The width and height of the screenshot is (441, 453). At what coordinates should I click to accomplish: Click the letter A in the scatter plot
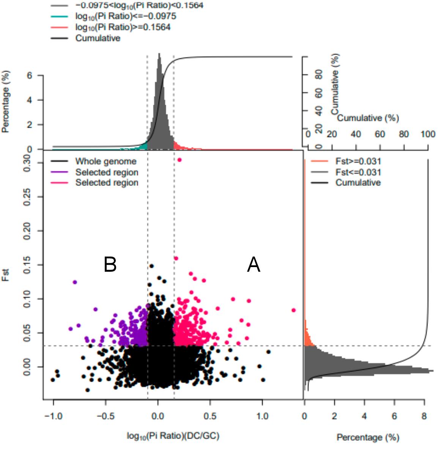click(254, 264)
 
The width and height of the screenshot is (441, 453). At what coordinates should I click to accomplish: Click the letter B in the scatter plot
click(110, 264)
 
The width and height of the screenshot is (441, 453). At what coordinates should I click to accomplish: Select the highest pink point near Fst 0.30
click(180, 160)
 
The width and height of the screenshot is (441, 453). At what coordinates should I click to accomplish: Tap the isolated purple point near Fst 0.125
click(75, 282)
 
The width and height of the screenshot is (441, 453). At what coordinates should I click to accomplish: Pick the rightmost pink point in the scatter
click(293, 310)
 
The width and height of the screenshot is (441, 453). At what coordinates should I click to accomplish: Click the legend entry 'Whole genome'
click(106, 162)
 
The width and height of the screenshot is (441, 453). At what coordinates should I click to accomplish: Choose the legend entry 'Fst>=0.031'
click(358, 162)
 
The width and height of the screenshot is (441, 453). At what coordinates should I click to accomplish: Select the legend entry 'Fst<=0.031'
click(358, 172)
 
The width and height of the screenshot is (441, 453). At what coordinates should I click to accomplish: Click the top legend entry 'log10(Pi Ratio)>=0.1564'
click(123, 27)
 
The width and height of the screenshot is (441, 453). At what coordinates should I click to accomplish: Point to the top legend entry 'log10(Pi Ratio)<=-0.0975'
click(125, 16)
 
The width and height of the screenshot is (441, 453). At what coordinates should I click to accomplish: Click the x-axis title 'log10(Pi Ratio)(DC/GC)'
click(173, 436)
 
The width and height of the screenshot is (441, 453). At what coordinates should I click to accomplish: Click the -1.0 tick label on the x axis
click(53, 416)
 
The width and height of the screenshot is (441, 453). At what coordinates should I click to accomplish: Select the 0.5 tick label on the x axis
click(209, 416)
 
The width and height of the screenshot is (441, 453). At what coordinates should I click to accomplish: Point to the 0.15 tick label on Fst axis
click(27, 264)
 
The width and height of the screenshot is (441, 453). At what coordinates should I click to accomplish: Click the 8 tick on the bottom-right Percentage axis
click(424, 416)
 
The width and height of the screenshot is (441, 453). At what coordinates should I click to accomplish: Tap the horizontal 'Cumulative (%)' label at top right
click(368, 118)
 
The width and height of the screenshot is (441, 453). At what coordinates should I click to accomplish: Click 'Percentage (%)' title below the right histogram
click(368, 437)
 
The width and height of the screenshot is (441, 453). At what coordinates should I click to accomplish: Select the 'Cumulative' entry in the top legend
click(98, 38)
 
